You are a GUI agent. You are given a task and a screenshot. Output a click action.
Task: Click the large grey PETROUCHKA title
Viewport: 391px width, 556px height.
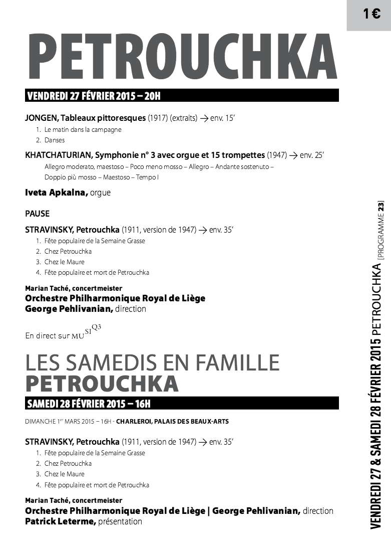coord(182,59)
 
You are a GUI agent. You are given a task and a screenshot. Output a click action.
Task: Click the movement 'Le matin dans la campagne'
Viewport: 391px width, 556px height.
coord(83,129)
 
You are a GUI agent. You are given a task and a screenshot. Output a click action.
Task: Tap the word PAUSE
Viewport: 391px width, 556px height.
coord(38,214)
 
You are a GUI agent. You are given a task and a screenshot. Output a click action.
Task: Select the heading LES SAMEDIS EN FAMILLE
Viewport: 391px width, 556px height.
coord(152,362)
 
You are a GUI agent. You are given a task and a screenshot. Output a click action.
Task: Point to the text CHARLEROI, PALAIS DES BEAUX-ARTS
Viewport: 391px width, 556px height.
coord(172,421)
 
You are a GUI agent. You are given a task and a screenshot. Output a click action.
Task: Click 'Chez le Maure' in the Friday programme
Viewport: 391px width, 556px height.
coord(64,262)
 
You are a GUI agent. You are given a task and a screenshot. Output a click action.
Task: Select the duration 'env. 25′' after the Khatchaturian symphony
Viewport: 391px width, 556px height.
coord(312,155)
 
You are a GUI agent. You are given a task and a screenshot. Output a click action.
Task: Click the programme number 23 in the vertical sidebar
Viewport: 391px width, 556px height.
coord(381,206)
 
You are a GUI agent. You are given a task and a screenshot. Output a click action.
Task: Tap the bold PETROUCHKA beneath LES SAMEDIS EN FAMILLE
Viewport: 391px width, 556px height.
coord(102,384)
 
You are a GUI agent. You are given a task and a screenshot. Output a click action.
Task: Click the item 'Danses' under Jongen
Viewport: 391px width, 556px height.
coord(55,140)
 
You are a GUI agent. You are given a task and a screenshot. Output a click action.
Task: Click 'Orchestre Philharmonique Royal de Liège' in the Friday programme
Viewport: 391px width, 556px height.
coord(115,298)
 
